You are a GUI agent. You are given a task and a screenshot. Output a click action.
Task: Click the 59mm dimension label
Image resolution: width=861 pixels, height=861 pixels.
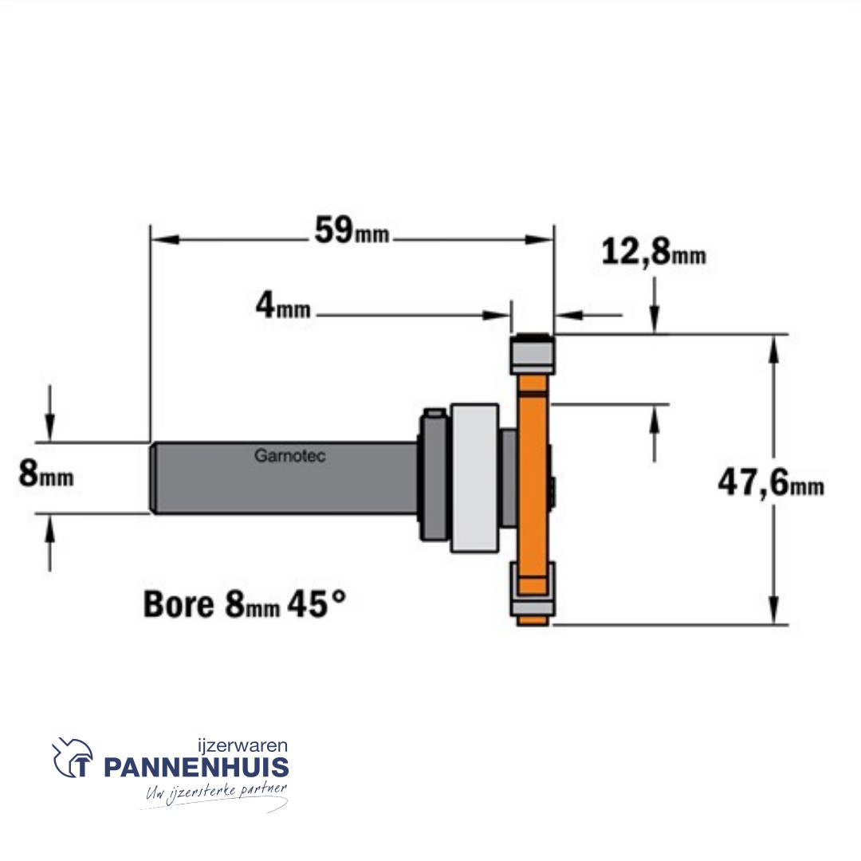pyautogui.click(x=352, y=230)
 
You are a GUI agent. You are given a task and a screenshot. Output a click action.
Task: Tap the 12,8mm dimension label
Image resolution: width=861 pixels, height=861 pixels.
pyautogui.click(x=654, y=253)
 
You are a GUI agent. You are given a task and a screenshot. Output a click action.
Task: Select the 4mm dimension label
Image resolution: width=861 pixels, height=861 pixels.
pyautogui.click(x=283, y=305)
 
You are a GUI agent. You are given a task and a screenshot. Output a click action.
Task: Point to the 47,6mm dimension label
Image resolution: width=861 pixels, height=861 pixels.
pyautogui.click(x=771, y=484)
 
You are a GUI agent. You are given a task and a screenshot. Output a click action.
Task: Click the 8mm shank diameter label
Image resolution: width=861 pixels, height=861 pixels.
pyautogui.click(x=46, y=474)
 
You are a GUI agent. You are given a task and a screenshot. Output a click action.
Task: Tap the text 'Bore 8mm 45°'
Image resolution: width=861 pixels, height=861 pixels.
pyautogui.click(x=245, y=604)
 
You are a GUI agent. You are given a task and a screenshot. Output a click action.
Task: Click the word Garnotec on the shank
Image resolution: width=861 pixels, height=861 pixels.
pyautogui.click(x=290, y=456)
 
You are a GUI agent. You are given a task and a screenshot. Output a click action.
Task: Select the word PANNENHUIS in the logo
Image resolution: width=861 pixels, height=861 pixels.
pyautogui.click(x=197, y=767)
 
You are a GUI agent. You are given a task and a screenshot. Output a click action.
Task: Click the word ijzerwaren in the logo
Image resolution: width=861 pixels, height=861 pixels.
pyautogui.click(x=242, y=745)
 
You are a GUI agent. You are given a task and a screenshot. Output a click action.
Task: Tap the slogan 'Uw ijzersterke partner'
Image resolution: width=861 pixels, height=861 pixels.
pyautogui.click(x=216, y=794)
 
